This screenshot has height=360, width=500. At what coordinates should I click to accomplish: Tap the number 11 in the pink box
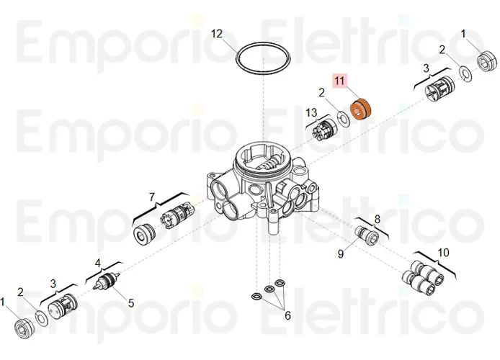click(x=340, y=81)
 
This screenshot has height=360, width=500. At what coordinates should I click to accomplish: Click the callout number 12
click(x=217, y=33)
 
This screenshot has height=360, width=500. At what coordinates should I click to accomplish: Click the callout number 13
click(x=311, y=112)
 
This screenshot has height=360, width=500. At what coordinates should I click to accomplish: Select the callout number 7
click(x=152, y=197)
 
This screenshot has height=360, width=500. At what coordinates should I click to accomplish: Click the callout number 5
click(x=130, y=303)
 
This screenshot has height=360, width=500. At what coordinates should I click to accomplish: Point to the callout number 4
click(x=98, y=263)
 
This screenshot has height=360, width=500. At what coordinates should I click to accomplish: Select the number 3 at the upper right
click(x=426, y=68)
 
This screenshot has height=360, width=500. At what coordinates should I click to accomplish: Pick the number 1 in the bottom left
click(x=4, y=301)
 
